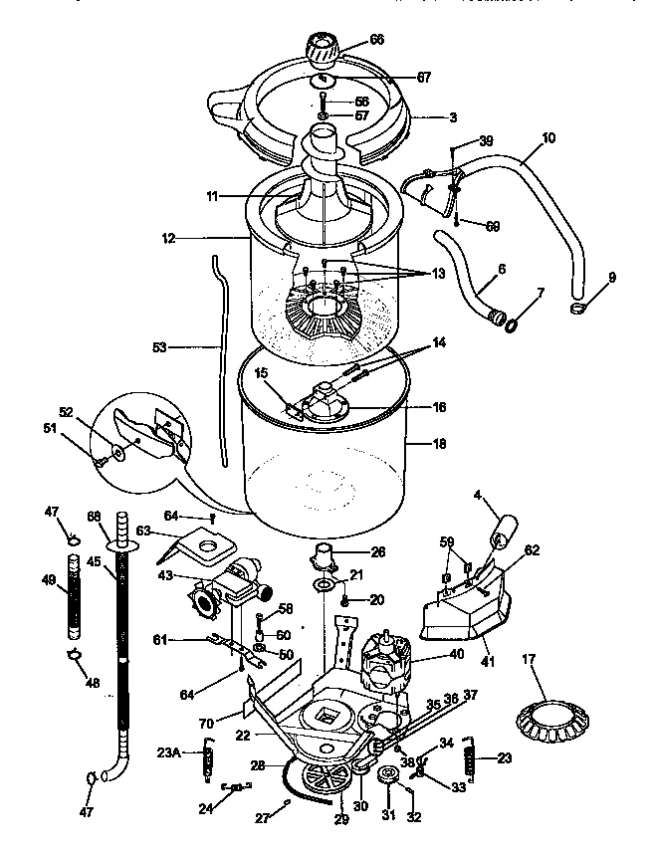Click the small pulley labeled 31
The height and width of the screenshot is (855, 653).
(388, 775)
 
